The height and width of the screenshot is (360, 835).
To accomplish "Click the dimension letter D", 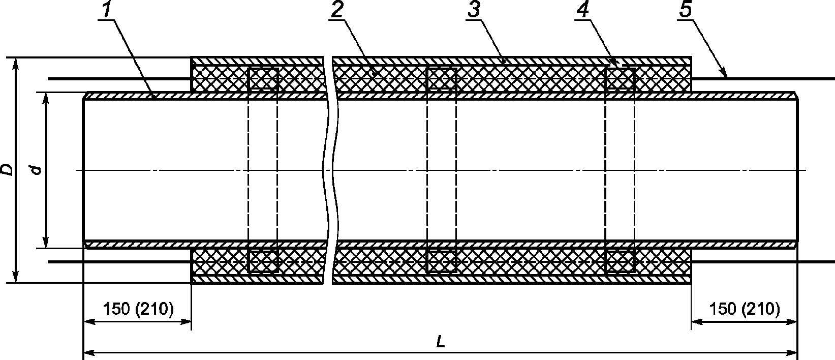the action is [7, 170].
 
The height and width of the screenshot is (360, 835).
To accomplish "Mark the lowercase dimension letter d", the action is [36, 170].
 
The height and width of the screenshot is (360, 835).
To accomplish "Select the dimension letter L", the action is [441, 342].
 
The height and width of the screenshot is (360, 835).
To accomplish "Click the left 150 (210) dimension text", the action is [138, 309].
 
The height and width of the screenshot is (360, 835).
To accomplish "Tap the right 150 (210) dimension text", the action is [744, 309].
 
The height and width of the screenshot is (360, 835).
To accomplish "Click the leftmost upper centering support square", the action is [263, 79].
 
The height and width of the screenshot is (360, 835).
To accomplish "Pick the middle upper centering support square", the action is [442, 79].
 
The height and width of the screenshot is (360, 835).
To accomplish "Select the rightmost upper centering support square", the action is [621, 79].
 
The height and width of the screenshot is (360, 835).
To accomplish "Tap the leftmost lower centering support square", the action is [263, 261].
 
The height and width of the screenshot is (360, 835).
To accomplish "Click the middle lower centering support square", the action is [442, 261].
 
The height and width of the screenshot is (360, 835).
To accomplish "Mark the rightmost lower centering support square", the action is [621, 261].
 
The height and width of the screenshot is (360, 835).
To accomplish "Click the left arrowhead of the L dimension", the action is [86, 351].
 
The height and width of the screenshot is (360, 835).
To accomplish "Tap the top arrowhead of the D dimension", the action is [16, 62].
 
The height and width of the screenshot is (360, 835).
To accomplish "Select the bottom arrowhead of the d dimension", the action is [46, 245].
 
